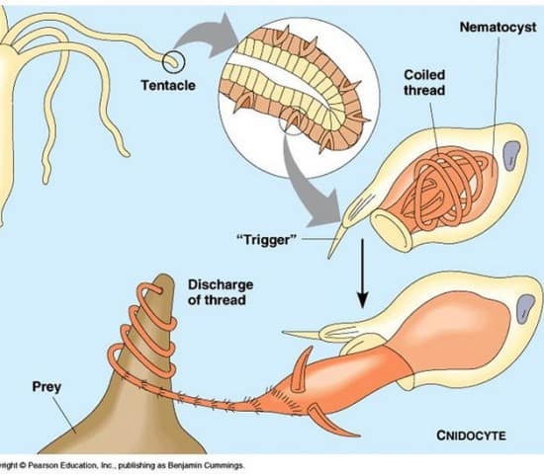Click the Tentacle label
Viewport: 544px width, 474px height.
[168, 85]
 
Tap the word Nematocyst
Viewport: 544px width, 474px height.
[498, 27]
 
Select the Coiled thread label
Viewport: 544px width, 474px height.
[424, 83]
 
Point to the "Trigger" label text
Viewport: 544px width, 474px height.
[267, 239]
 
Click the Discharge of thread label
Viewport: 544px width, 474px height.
[221, 292]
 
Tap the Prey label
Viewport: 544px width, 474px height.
[46, 387]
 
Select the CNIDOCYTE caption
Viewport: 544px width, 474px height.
[471, 435]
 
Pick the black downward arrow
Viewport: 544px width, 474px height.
[362, 273]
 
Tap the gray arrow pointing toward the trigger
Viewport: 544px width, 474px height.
[306, 187]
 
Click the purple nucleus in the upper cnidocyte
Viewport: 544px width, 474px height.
[511, 156]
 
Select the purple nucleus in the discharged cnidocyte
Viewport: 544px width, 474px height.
[525, 309]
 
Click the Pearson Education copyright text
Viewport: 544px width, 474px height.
[122, 465]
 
